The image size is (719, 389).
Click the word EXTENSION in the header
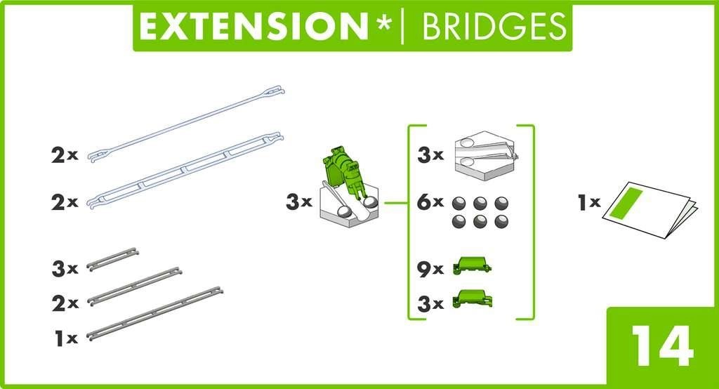point(253,26)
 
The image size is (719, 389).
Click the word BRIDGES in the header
point(494,26)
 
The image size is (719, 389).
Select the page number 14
point(662,346)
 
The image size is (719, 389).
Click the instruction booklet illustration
point(650,210)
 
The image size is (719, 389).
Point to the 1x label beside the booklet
point(589,202)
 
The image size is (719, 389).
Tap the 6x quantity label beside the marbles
point(430,202)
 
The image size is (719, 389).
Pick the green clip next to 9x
point(473,266)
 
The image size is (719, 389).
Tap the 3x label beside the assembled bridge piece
point(299,202)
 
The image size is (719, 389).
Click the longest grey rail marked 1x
point(154,315)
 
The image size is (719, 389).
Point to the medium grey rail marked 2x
point(135,286)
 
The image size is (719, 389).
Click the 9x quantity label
point(430,269)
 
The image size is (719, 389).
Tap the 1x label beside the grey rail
point(66,339)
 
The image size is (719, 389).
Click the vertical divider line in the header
point(402,26)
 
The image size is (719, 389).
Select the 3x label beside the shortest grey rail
point(65,268)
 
